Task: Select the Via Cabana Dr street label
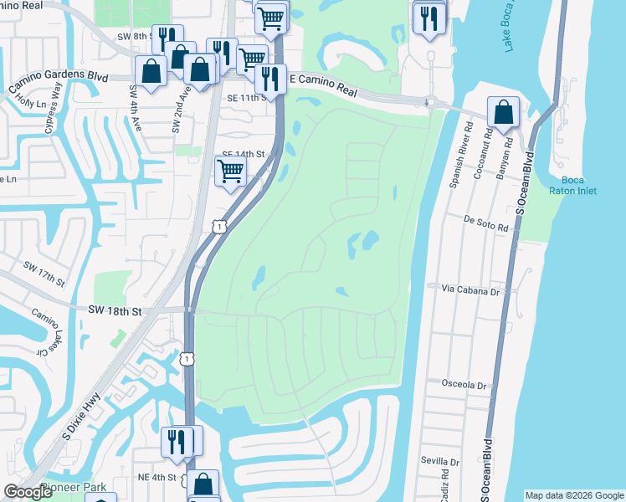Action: [469, 289]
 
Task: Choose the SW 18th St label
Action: [115, 310]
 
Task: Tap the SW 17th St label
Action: [44, 273]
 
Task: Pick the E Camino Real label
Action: [322, 78]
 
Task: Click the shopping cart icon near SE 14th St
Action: [230, 171]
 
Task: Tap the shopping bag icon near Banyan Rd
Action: [503, 112]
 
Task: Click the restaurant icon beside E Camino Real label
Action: [269, 79]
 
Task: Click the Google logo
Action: [28, 492]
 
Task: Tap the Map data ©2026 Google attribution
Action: [574, 495]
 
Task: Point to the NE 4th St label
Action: [156, 477]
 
